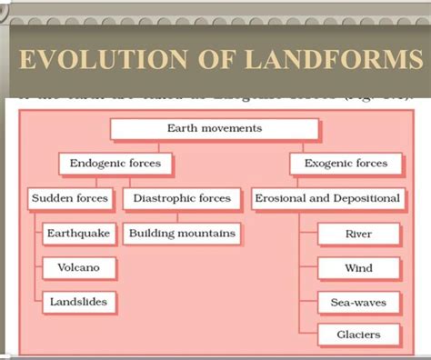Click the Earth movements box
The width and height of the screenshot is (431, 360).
pos(214,129)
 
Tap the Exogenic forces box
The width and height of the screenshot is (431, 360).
pos(339,165)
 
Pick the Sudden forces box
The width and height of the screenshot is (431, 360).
pos(69,198)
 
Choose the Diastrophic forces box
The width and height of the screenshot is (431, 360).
pos(181,198)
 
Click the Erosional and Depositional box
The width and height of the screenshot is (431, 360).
pos(327,198)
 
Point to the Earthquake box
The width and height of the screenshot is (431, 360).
pos(78,234)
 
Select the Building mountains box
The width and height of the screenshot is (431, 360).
pos(182,234)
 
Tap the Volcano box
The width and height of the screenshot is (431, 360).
pos(78,267)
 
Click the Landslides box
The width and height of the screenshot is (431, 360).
pos(78,301)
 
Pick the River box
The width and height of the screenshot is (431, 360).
pos(358,235)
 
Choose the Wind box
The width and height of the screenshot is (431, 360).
pos(358,268)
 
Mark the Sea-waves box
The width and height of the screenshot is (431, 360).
pos(358,302)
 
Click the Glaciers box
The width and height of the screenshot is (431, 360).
pos(358,335)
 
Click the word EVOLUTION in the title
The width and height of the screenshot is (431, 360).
pos(93,62)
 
